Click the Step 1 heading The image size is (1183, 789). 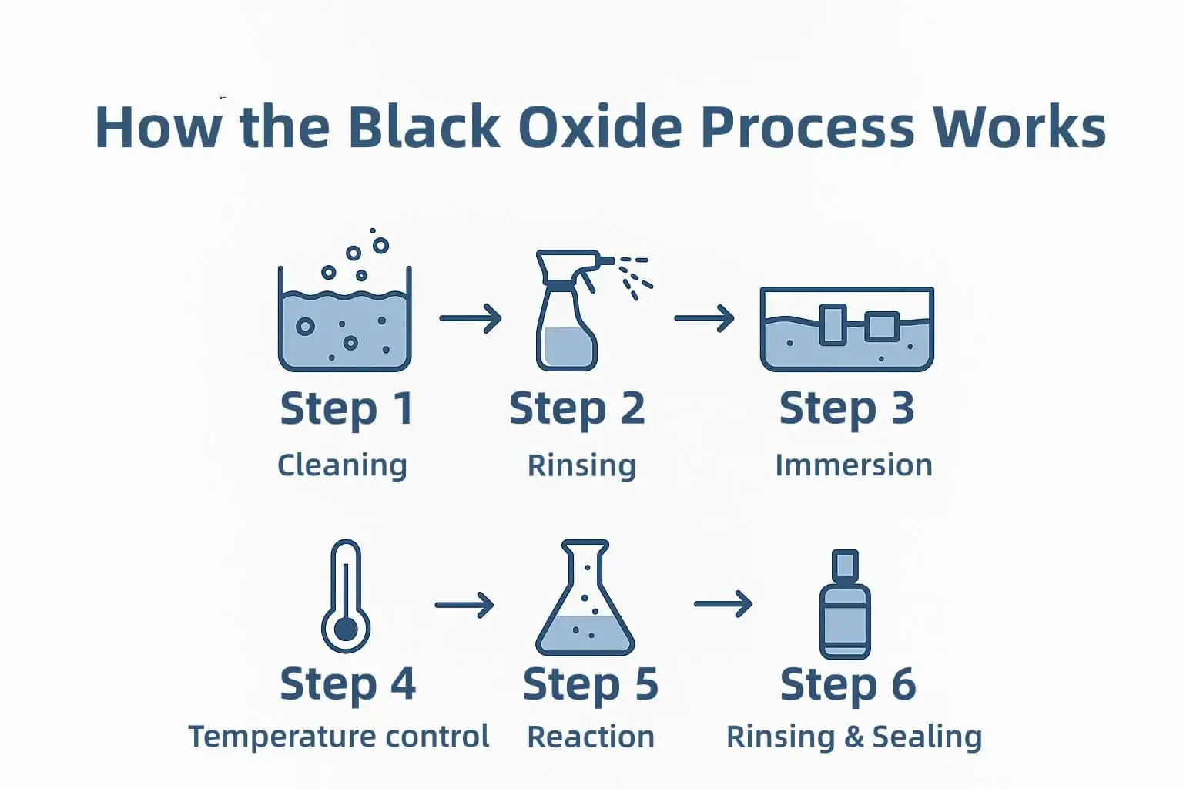coord(346,408)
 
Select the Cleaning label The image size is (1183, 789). coord(342,465)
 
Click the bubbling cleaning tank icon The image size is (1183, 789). coord(344,324)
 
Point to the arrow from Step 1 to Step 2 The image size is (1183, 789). coord(470,317)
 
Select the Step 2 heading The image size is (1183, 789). coord(577,408)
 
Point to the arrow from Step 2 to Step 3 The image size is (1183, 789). coord(704,317)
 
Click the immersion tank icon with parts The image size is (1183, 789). coord(846,329)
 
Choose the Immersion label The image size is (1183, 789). coord(853,465)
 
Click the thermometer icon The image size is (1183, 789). coord(346,596)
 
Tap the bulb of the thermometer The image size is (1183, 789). coord(346,630)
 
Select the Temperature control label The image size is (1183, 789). coord(339,737)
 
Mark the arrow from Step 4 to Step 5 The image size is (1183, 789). coord(464,605)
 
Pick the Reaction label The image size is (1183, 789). coord(591,737)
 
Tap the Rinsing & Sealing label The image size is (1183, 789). coord(854,737)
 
